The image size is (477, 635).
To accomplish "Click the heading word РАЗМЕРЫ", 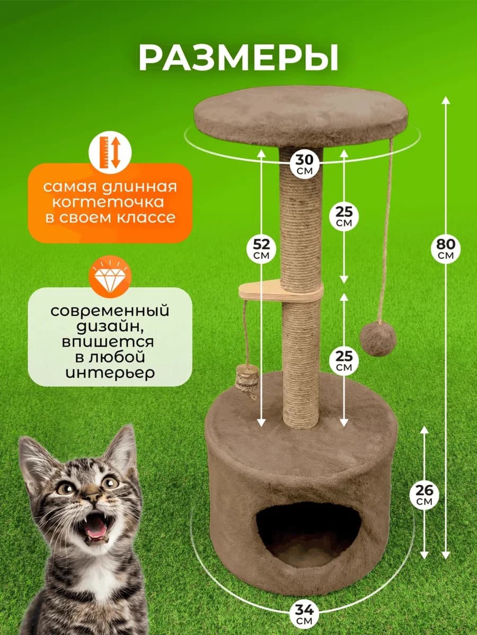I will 238,58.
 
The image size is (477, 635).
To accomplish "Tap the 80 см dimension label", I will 445,249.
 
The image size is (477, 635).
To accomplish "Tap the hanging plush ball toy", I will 378,339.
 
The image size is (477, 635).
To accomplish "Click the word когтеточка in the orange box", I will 110,202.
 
